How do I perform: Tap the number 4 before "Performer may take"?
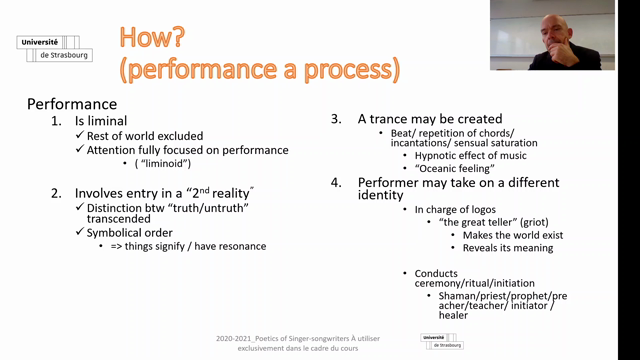coord(336,182)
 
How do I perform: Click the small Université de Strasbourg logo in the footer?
coord(442,341)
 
